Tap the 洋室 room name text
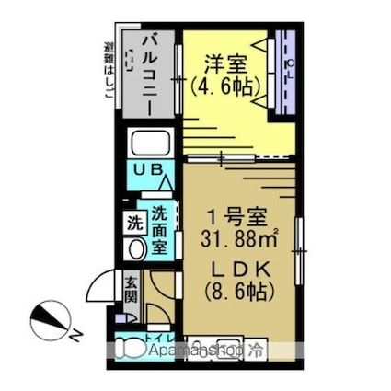tap(224, 66)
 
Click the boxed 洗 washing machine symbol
tap(134, 222)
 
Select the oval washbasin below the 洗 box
tap(134, 248)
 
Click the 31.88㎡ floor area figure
tap(239, 242)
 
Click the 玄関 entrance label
tap(131, 291)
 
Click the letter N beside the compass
tap(79, 333)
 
